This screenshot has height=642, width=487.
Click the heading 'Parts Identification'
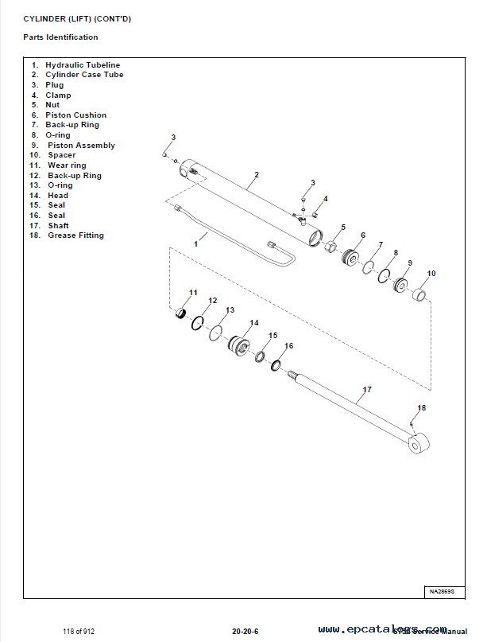(x=60, y=37)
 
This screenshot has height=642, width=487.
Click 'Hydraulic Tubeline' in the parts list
(x=83, y=64)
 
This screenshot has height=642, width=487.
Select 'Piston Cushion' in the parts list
(x=75, y=115)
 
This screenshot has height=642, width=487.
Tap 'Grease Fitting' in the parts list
(x=75, y=235)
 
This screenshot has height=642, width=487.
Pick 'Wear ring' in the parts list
(x=67, y=165)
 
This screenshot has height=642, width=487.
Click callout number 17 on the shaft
(x=367, y=390)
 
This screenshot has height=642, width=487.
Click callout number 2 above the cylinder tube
(x=257, y=174)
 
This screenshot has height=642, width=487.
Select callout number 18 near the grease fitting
(x=422, y=407)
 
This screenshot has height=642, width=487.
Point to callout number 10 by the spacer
(x=431, y=274)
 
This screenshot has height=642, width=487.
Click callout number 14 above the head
(x=253, y=323)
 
